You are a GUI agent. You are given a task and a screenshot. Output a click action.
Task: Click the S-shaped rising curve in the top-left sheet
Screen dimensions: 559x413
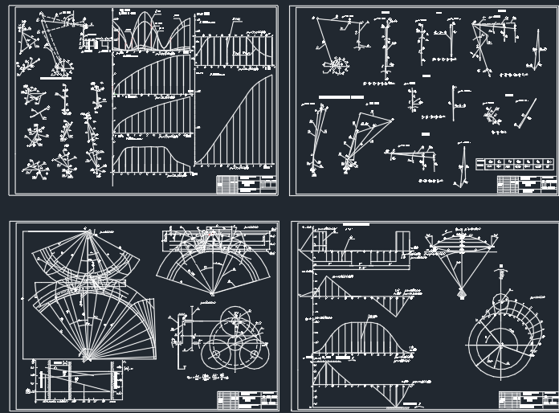click(x=237, y=121)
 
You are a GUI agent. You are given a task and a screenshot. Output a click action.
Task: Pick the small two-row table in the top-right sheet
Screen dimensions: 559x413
click(x=514, y=164)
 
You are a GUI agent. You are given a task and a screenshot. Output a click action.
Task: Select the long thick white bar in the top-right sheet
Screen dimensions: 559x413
click(x=341, y=97)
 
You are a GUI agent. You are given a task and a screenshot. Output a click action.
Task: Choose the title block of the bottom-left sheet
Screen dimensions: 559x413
click(x=247, y=400)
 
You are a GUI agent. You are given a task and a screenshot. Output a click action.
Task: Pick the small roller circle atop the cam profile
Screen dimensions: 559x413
click(x=500, y=303)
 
